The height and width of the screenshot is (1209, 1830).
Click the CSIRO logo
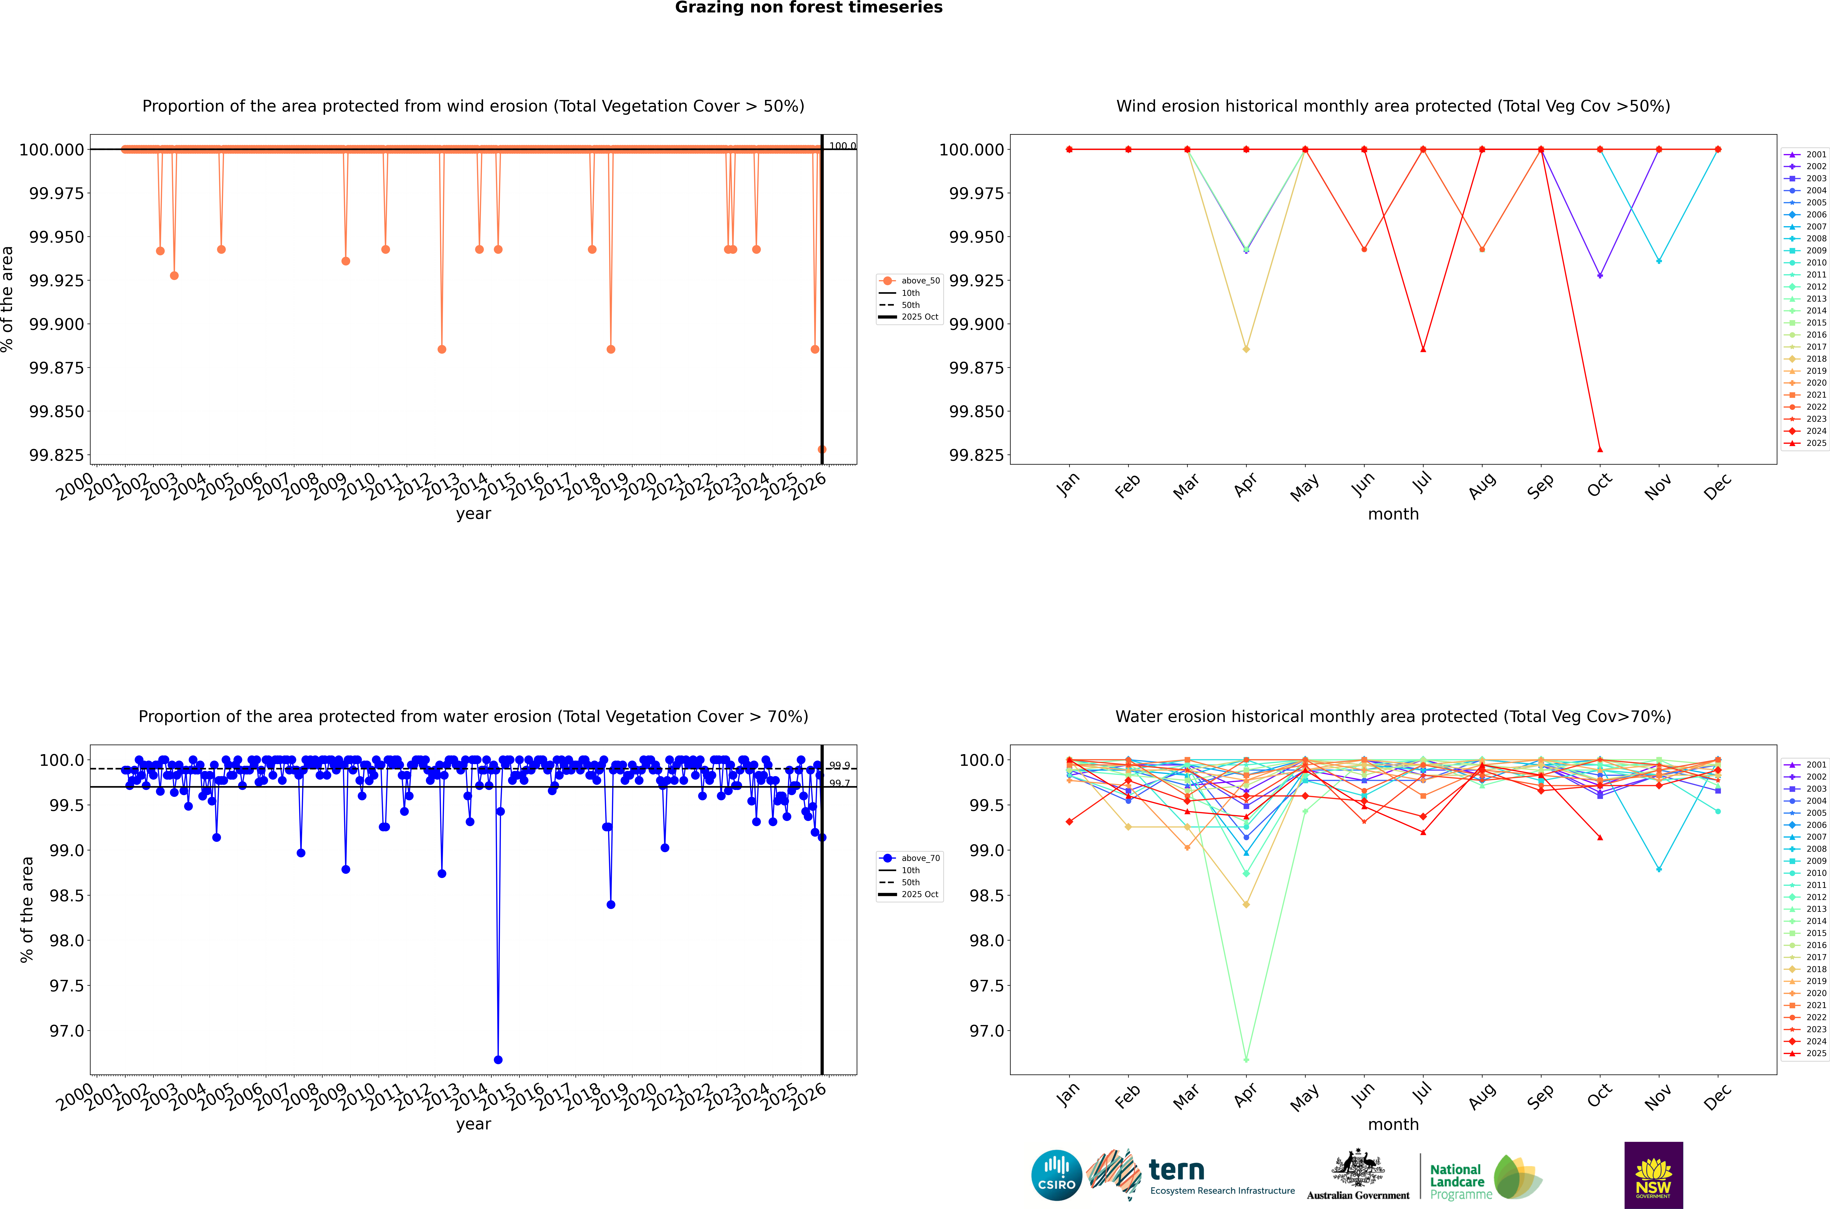1057,1175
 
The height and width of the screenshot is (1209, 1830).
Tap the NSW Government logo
1653,1175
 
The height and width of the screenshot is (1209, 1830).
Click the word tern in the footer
1176,1171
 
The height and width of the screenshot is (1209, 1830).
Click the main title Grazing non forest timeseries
808,8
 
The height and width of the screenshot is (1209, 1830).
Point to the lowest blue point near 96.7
498,1059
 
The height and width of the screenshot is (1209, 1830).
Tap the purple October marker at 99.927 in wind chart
1600,275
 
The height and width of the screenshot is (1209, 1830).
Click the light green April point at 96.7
1246,1059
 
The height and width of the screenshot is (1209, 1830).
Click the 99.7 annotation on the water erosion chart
839,783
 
